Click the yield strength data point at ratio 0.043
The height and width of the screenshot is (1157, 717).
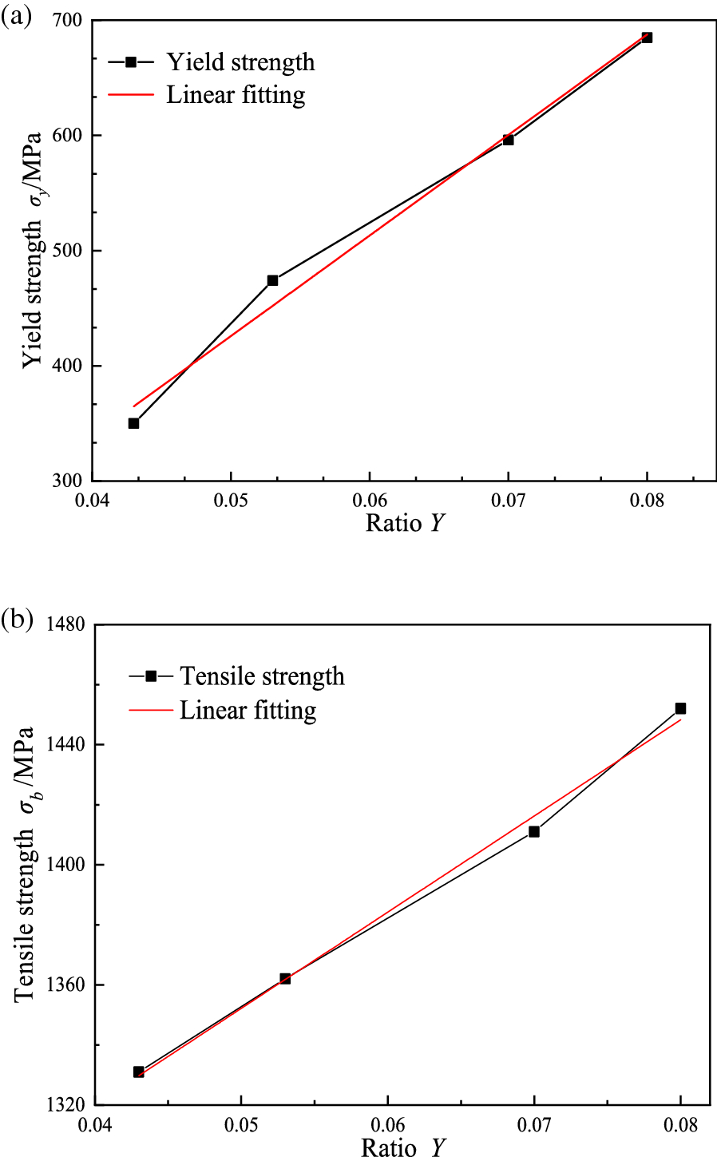(134, 423)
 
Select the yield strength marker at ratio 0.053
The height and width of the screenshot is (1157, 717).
(272, 280)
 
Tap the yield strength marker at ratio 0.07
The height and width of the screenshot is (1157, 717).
(508, 140)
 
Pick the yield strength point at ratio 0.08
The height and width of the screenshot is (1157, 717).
(647, 38)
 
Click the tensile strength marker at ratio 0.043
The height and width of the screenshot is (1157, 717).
(139, 1072)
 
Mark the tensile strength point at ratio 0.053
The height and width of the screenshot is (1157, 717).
(285, 978)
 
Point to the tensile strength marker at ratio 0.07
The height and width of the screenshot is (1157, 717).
(534, 831)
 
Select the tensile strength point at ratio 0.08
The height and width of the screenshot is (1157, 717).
(680, 708)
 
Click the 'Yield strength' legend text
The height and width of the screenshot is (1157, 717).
(240, 62)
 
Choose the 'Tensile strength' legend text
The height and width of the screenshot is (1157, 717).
(262, 676)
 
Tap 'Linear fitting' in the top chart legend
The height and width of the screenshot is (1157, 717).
(236, 95)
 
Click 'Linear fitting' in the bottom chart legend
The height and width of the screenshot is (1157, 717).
(248, 710)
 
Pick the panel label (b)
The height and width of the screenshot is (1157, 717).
(17, 620)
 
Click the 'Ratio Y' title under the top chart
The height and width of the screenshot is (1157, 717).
(405, 523)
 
